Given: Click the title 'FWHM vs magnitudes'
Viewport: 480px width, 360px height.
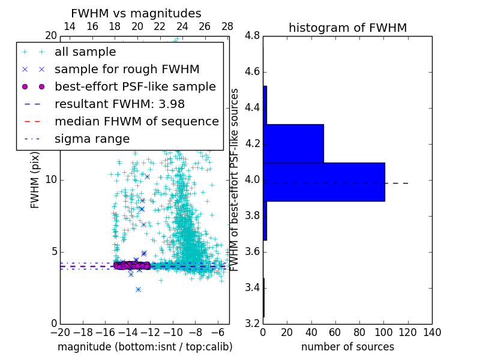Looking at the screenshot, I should (136, 14).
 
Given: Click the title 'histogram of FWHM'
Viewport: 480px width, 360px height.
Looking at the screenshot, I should (347, 28).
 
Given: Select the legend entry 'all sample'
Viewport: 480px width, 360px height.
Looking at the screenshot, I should (85, 52).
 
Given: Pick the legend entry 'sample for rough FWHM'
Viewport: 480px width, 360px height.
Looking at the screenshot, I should (127, 70).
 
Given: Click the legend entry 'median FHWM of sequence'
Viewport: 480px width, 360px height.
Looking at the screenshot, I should (136, 122).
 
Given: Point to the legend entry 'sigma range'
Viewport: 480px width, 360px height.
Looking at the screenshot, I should (92, 139).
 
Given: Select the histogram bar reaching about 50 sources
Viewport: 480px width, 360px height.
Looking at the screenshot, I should (293, 143).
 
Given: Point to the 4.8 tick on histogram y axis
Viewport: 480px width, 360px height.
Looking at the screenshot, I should (252, 36).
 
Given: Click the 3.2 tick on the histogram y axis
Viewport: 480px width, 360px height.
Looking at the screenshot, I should (252, 323).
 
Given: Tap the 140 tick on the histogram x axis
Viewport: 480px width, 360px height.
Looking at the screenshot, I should (432, 333).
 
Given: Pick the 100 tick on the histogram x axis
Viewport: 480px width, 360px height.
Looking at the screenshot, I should (383, 333).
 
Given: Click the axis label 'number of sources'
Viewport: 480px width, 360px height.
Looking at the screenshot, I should (347, 347).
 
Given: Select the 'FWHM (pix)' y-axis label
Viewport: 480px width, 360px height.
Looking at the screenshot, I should (35, 180).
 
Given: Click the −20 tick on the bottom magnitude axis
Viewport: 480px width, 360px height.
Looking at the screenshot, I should (60, 333).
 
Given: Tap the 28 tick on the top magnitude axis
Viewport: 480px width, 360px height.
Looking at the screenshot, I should (227, 27).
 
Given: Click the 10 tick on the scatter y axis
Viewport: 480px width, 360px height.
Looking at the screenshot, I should (51, 180).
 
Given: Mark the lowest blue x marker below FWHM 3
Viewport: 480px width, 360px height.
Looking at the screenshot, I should (138, 289).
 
